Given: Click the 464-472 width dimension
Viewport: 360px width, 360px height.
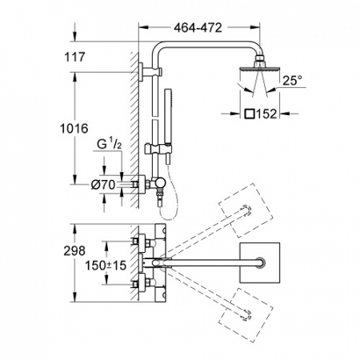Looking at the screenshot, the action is [198, 27].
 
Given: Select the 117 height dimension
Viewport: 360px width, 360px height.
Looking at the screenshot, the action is [74, 57].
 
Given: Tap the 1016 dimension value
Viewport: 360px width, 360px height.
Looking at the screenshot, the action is [74, 129].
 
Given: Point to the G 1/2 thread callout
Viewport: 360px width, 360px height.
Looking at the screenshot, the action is [110, 144].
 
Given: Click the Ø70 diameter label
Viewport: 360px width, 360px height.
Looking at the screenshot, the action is [103, 185].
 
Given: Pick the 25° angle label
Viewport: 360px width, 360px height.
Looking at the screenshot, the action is [292, 81].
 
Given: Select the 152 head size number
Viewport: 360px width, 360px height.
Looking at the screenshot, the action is [266, 114].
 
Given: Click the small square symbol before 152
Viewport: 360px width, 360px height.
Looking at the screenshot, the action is [250, 114].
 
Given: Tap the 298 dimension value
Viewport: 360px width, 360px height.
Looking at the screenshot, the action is [74, 251].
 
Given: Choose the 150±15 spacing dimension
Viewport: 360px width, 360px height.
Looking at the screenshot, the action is [106, 266].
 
